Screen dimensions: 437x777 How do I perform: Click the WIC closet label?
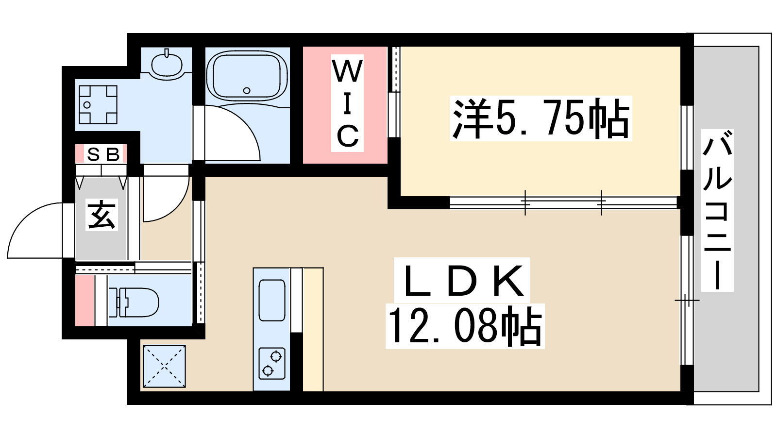pos(347,103)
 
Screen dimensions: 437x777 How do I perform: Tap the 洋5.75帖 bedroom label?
pos(541,118)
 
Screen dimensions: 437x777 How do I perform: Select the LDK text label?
pos(463,282)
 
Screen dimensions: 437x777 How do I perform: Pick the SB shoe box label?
pos(102,154)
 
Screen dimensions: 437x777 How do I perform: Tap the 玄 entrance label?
pos(102,215)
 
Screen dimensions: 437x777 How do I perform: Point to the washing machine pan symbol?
pos(98,104)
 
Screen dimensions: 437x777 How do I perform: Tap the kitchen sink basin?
pos(272,300)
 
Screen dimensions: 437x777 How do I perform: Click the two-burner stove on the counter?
pos(272,363)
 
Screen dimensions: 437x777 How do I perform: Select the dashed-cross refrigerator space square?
pos(164,366)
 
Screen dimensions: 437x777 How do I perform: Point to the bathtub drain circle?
pos(247,90)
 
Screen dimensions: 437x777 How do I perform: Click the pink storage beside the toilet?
pos(84,301)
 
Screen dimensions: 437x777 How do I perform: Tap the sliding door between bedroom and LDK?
pos(563,202)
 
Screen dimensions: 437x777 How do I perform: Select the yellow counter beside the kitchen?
pos(313,330)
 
